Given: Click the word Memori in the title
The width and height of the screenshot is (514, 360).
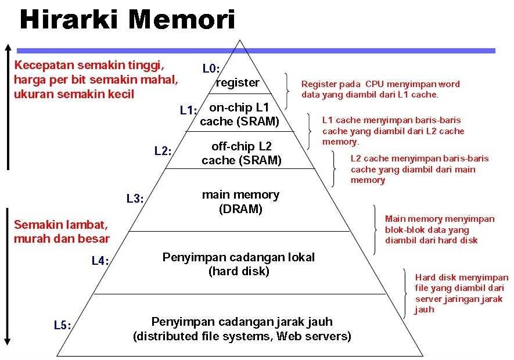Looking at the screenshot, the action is pyautogui.click(x=182, y=19).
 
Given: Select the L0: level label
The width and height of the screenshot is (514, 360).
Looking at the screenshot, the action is pyautogui.click(x=211, y=68).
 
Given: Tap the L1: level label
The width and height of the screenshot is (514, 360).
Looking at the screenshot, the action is pyautogui.click(x=189, y=110).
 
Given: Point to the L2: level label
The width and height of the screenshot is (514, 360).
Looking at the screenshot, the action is pyautogui.click(x=163, y=151).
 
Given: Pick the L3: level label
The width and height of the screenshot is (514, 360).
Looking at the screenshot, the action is pyautogui.click(x=135, y=199).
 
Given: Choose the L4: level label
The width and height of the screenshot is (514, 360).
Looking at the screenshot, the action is pyautogui.click(x=100, y=261).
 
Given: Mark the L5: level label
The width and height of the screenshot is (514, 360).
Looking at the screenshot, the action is pyautogui.click(x=63, y=325).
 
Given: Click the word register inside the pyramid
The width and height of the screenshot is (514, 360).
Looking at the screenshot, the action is pyautogui.click(x=238, y=82).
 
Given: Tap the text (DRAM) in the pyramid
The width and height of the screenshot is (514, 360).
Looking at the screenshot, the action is pyautogui.click(x=240, y=209).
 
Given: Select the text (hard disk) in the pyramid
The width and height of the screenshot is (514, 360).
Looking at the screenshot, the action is pyautogui.click(x=239, y=271).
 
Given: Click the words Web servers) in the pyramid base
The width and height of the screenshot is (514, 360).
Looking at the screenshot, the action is pyautogui.click(x=314, y=336).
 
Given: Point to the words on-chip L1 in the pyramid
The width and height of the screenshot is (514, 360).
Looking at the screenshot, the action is pyautogui.click(x=239, y=107).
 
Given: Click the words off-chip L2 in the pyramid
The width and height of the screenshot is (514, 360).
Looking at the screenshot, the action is pyautogui.click(x=242, y=146).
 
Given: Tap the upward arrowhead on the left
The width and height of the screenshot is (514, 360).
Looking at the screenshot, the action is pyautogui.click(x=8, y=48).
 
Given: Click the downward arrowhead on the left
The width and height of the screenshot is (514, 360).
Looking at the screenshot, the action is pyautogui.click(x=8, y=341).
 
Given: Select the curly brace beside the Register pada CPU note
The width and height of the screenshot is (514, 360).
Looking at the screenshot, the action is pyautogui.click(x=287, y=91).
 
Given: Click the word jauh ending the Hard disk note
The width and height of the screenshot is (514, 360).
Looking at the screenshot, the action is pyautogui.click(x=424, y=310).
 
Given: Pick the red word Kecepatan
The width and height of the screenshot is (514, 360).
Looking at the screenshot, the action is pyautogui.click(x=44, y=65).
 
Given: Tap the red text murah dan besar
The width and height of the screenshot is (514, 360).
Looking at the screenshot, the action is pyautogui.click(x=62, y=239).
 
